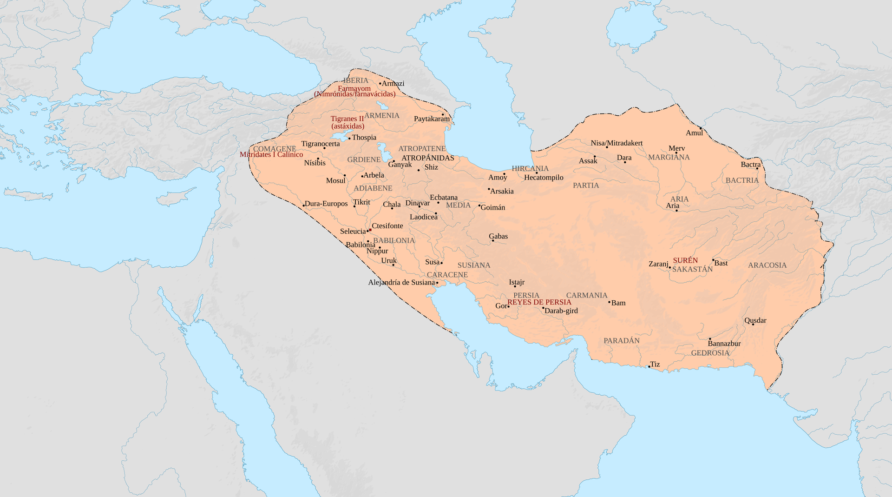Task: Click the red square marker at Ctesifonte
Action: point(370,230)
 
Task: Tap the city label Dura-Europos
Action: point(326,204)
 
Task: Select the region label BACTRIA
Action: point(742,180)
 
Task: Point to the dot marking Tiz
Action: point(649,367)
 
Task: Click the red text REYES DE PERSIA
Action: point(539,302)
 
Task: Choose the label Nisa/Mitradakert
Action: point(617,143)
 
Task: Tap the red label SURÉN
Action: point(685,260)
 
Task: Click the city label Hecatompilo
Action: point(544,178)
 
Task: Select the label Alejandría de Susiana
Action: point(401,282)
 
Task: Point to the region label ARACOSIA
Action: point(767,265)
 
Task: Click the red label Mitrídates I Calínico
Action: point(271,155)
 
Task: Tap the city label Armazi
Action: point(393,84)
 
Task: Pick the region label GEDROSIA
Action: point(710,353)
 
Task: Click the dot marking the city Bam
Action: point(609,302)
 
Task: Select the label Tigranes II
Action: point(347,119)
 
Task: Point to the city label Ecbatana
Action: point(444,198)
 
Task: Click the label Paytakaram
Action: point(432,119)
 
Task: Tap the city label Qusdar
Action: point(755,320)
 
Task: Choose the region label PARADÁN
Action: point(621,341)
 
